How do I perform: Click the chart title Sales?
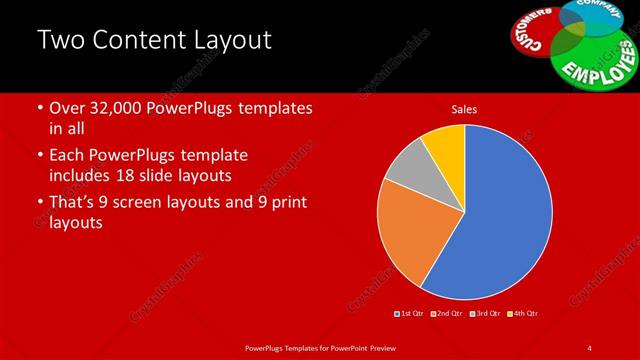click(x=464, y=108)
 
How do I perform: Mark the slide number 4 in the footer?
click(x=589, y=347)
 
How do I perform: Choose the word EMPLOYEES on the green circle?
click(x=597, y=61)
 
